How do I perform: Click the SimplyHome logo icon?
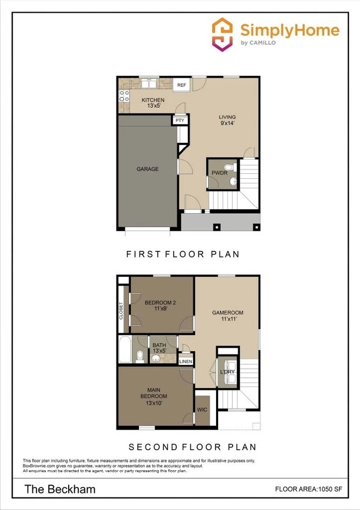[x=222, y=34]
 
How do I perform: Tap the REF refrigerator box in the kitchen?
[x=181, y=85]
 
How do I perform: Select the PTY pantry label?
[x=179, y=120]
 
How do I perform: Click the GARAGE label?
[x=148, y=169]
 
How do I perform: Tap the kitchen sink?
[x=149, y=84]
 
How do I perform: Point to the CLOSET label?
[x=121, y=310]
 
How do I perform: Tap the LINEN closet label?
[x=186, y=362]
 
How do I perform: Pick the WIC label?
[x=202, y=410]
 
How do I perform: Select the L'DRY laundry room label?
[x=228, y=372]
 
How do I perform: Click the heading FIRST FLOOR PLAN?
[x=183, y=254]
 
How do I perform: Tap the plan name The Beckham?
[x=59, y=489]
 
